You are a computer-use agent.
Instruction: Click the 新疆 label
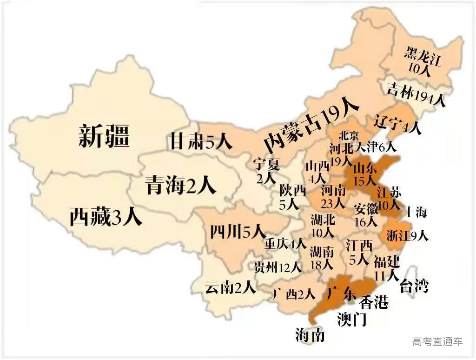(x=104, y=136)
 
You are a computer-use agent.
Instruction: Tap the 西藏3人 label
(x=106, y=217)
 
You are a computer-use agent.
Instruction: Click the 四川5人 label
(x=237, y=231)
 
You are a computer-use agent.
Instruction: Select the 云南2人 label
(x=231, y=288)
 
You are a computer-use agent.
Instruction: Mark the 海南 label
(x=310, y=334)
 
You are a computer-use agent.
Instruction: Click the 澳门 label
(x=352, y=319)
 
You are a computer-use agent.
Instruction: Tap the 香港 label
(x=374, y=303)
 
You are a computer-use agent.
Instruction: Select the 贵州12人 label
(x=278, y=267)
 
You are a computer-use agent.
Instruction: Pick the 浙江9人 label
(x=407, y=236)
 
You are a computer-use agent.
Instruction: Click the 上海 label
(x=416, y=213)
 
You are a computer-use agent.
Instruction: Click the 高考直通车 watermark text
(x=437, y=342)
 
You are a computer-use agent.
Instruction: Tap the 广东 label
(x=342, y=293)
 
